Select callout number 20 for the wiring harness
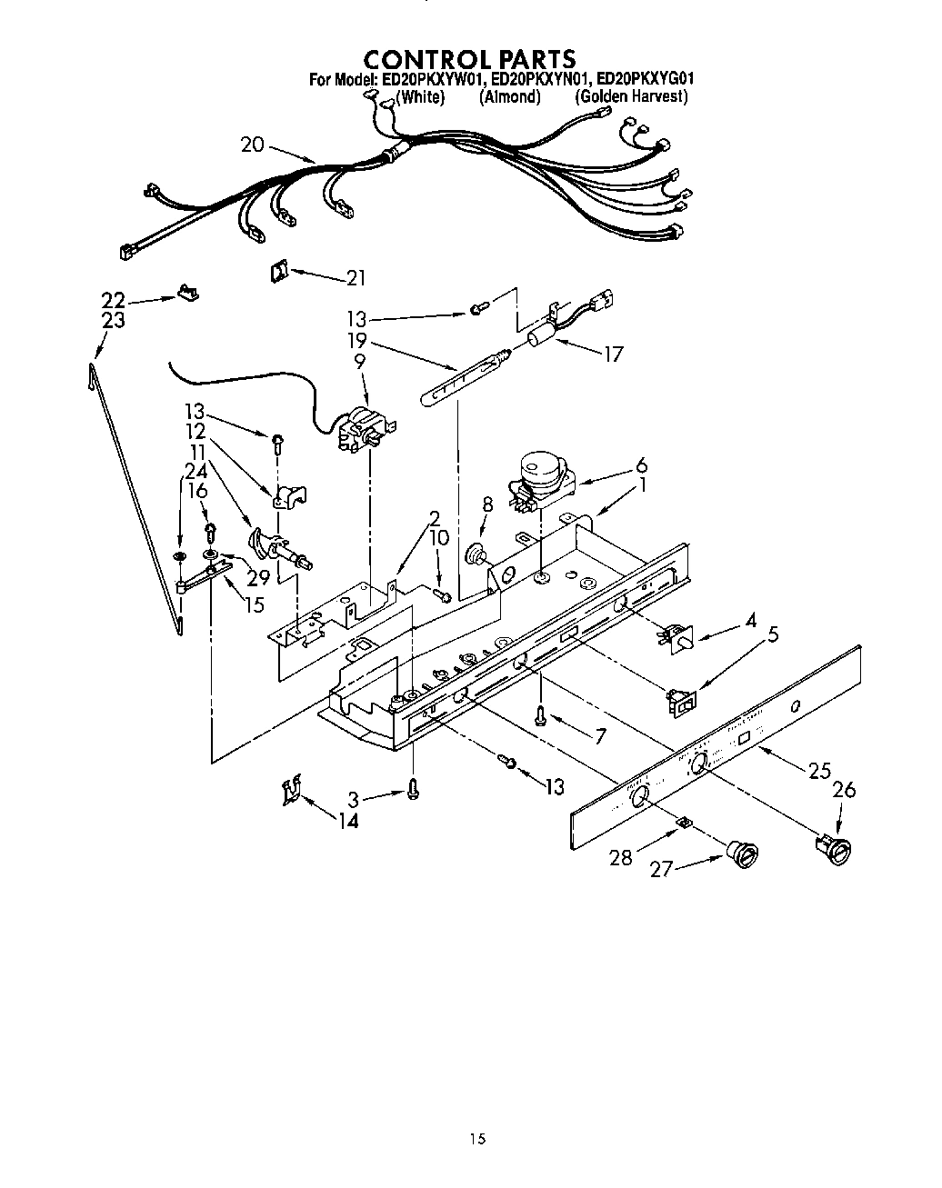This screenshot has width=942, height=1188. coord(252,144)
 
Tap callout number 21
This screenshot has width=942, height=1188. coord(356,277)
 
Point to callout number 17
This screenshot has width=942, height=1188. coord(614,354)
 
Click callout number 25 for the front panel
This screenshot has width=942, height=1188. coord(819,771)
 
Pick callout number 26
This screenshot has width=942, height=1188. coord(844,790)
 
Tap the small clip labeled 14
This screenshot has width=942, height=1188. coord(290,791)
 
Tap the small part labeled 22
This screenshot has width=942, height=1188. coord(187,293)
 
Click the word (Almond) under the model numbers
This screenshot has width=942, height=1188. coord(509,97)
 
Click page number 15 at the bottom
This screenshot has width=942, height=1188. coord(478,1138)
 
